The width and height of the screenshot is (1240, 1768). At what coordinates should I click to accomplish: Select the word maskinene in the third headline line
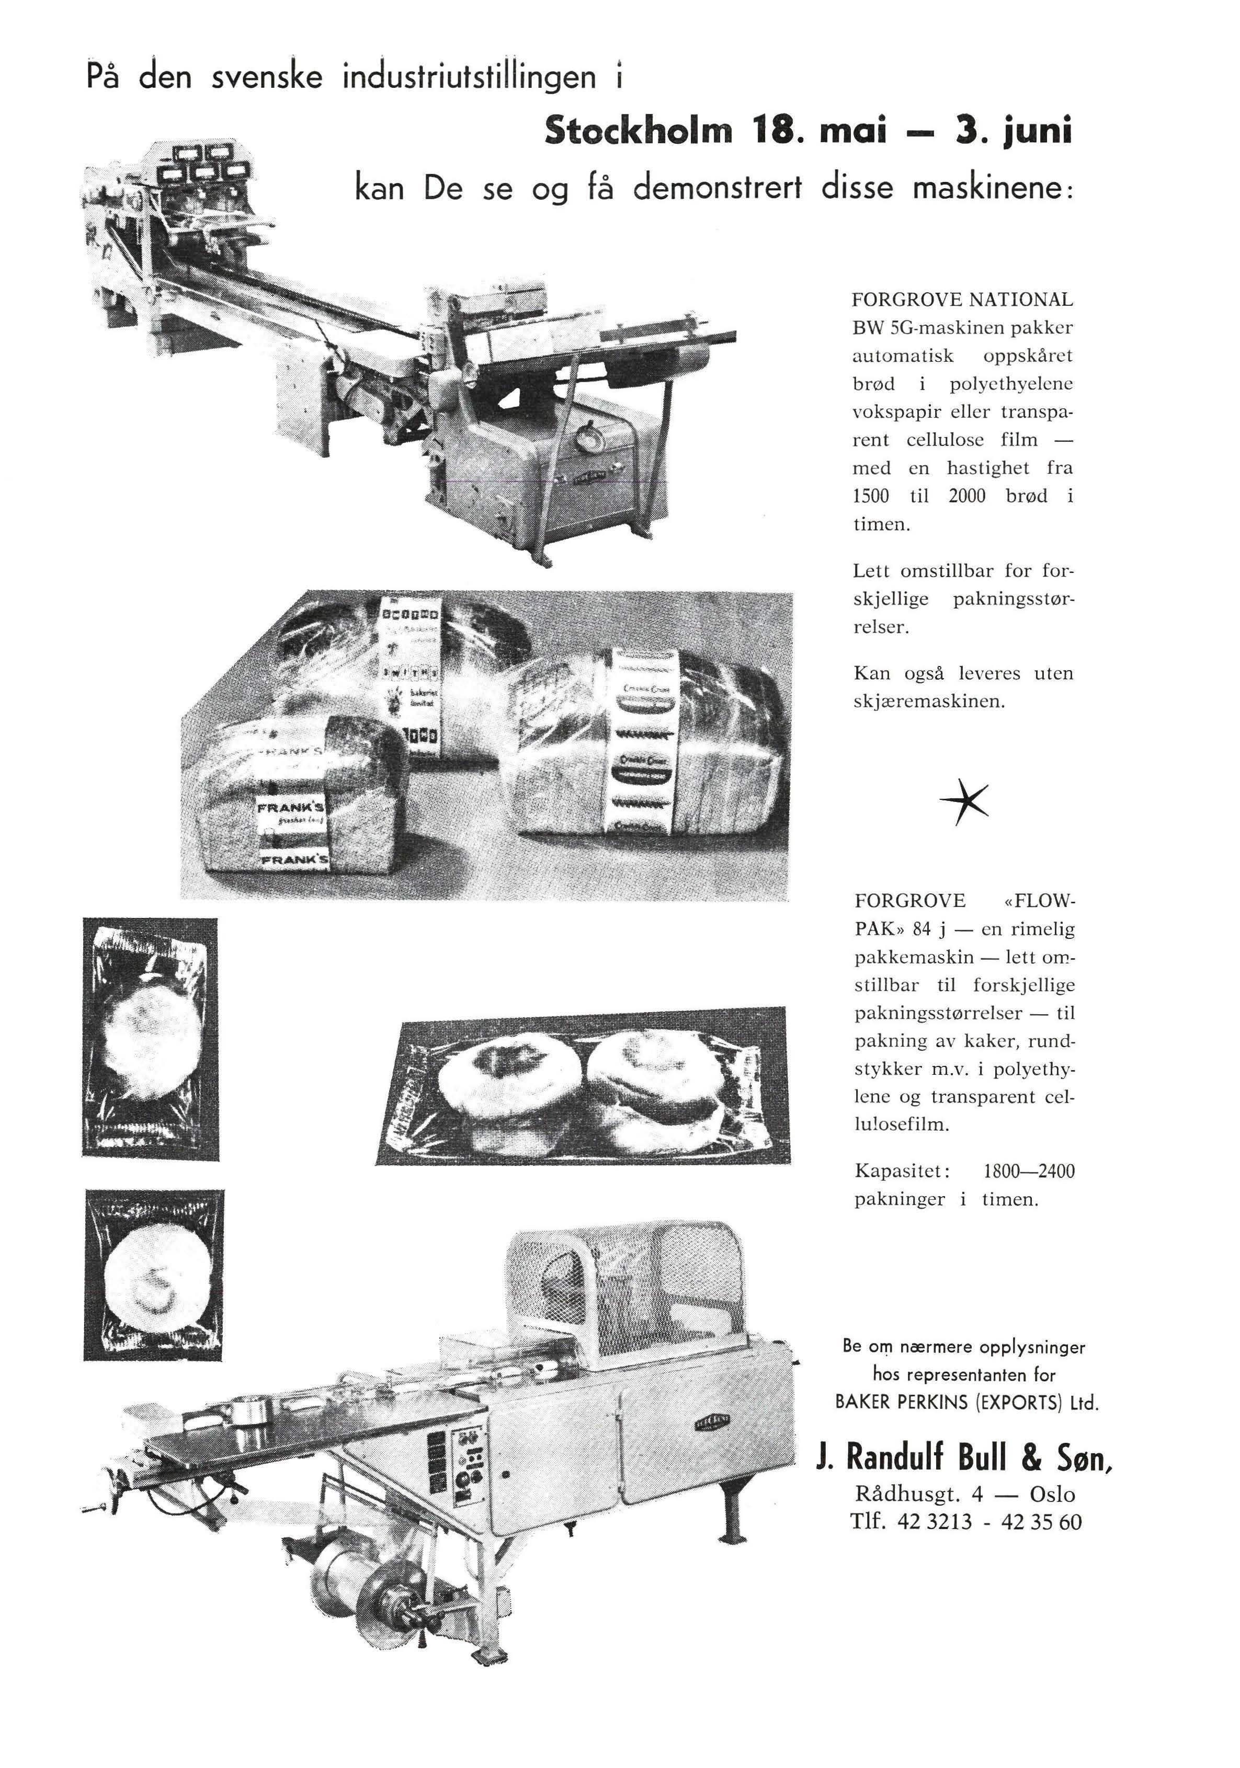pos(987,189)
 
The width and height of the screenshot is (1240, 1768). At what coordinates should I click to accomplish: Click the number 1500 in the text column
pos(870,497)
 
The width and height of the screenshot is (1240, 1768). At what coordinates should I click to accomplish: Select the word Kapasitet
pos(902,1171)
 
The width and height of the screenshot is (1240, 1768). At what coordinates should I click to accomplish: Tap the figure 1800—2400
pos(1028,1171)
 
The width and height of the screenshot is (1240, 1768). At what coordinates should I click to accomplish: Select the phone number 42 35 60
pos(1041,1522)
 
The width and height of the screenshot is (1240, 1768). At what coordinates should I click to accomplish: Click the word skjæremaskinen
pos(929,702)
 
